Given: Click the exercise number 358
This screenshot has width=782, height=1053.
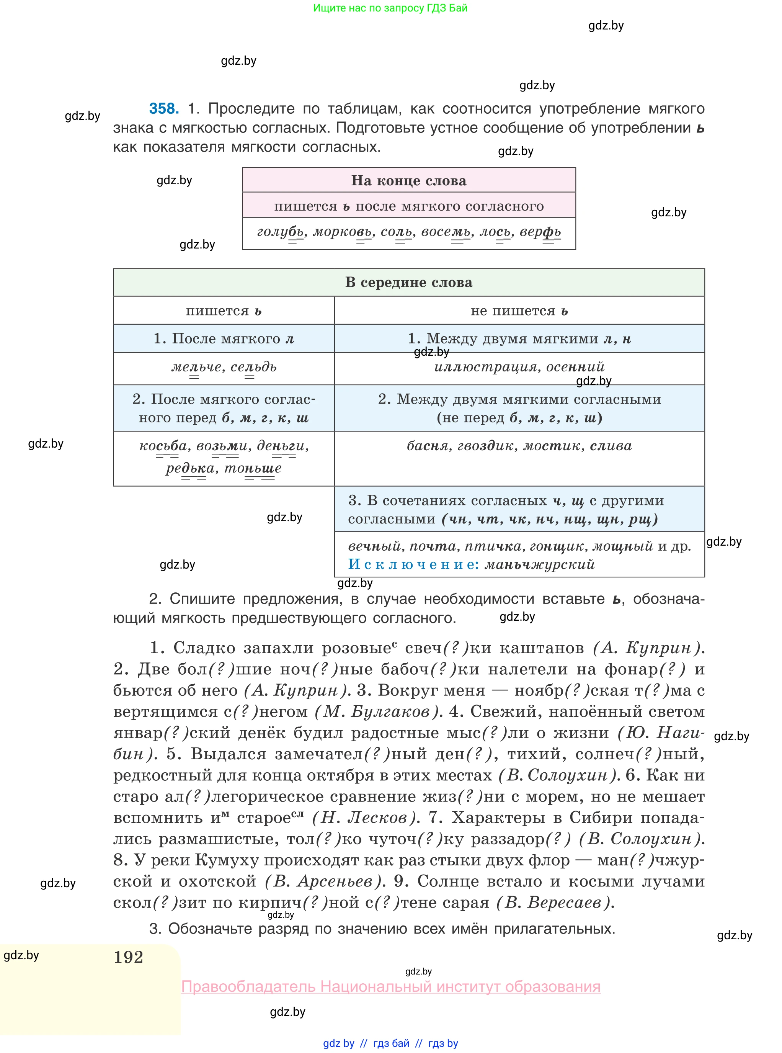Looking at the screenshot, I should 164,108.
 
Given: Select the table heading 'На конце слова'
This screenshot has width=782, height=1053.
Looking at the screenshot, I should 408,180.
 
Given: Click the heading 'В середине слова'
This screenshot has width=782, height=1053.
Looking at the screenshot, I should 408,282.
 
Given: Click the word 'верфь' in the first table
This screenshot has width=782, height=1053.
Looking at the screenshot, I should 540,232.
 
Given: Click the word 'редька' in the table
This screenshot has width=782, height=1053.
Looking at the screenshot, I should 190,468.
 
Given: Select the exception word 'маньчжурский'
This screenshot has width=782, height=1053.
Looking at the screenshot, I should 540,564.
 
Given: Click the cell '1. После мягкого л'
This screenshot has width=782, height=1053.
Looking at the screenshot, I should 224,338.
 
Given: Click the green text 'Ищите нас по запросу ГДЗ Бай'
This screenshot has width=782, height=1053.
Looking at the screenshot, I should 390,8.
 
